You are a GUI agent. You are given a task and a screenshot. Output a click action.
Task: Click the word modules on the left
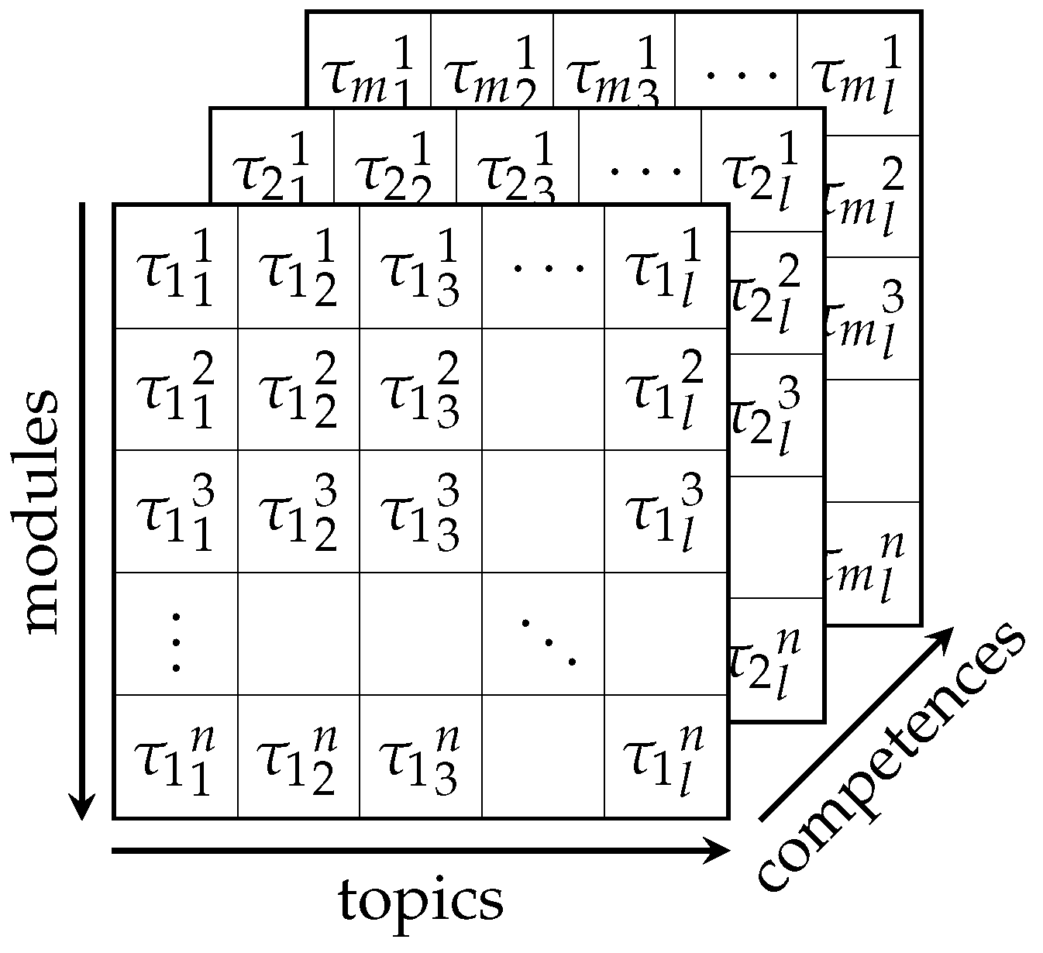point(40,511)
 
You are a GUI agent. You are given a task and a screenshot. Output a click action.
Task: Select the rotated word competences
point(891,759)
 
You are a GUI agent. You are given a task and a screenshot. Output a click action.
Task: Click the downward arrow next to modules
point(82,511)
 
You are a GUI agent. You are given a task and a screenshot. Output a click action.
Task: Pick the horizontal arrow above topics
point(421,852)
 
